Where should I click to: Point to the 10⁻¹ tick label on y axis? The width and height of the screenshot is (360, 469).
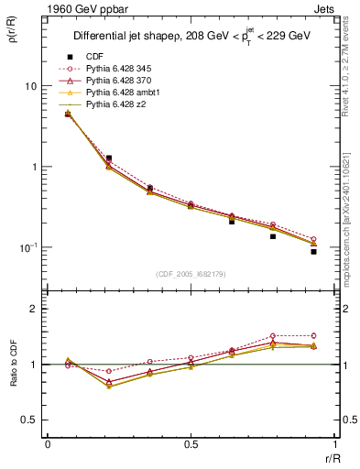27,247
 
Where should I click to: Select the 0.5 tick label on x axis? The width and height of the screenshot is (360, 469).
191,444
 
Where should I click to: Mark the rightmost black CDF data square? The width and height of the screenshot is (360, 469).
313,251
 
